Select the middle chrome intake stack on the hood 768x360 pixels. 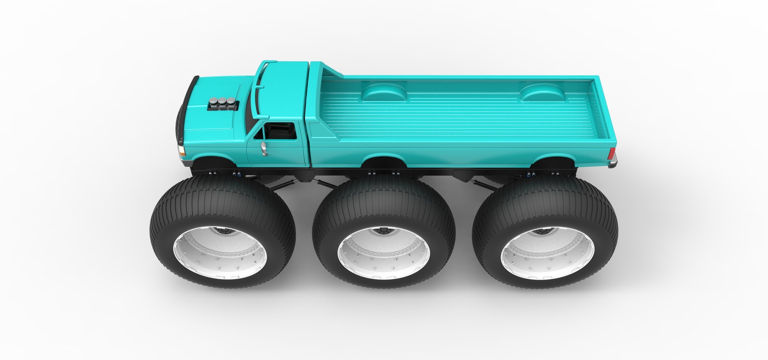(x=222, y=102)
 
